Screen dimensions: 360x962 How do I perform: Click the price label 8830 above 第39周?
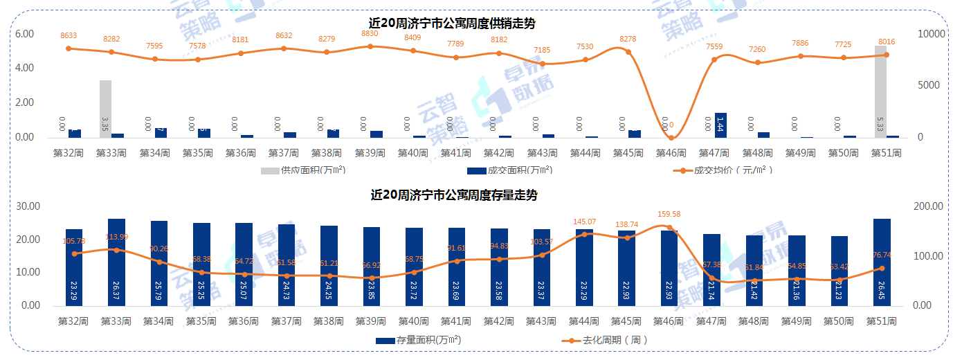(x=370, y=33)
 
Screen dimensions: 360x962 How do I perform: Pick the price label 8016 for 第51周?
(x=887, y=42)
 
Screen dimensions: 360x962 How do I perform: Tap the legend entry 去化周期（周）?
(x=605, y=340)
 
